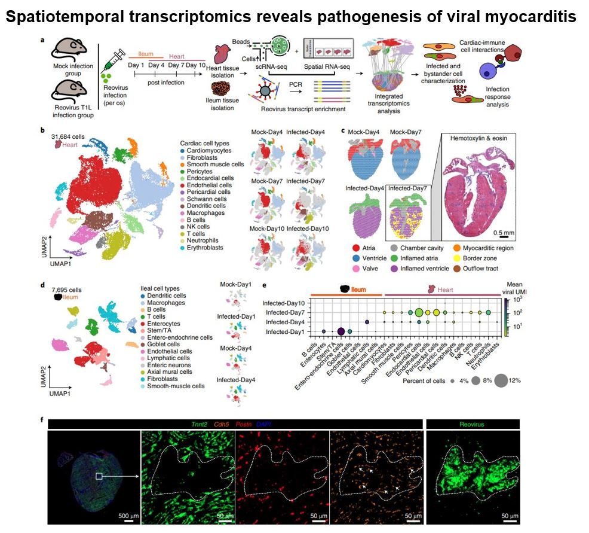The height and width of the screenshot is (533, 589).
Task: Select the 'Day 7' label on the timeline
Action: point(176,65)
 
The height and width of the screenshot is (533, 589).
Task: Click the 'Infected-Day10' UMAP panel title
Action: point(308,229)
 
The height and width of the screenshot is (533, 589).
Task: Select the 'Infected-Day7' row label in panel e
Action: point(286,312)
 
